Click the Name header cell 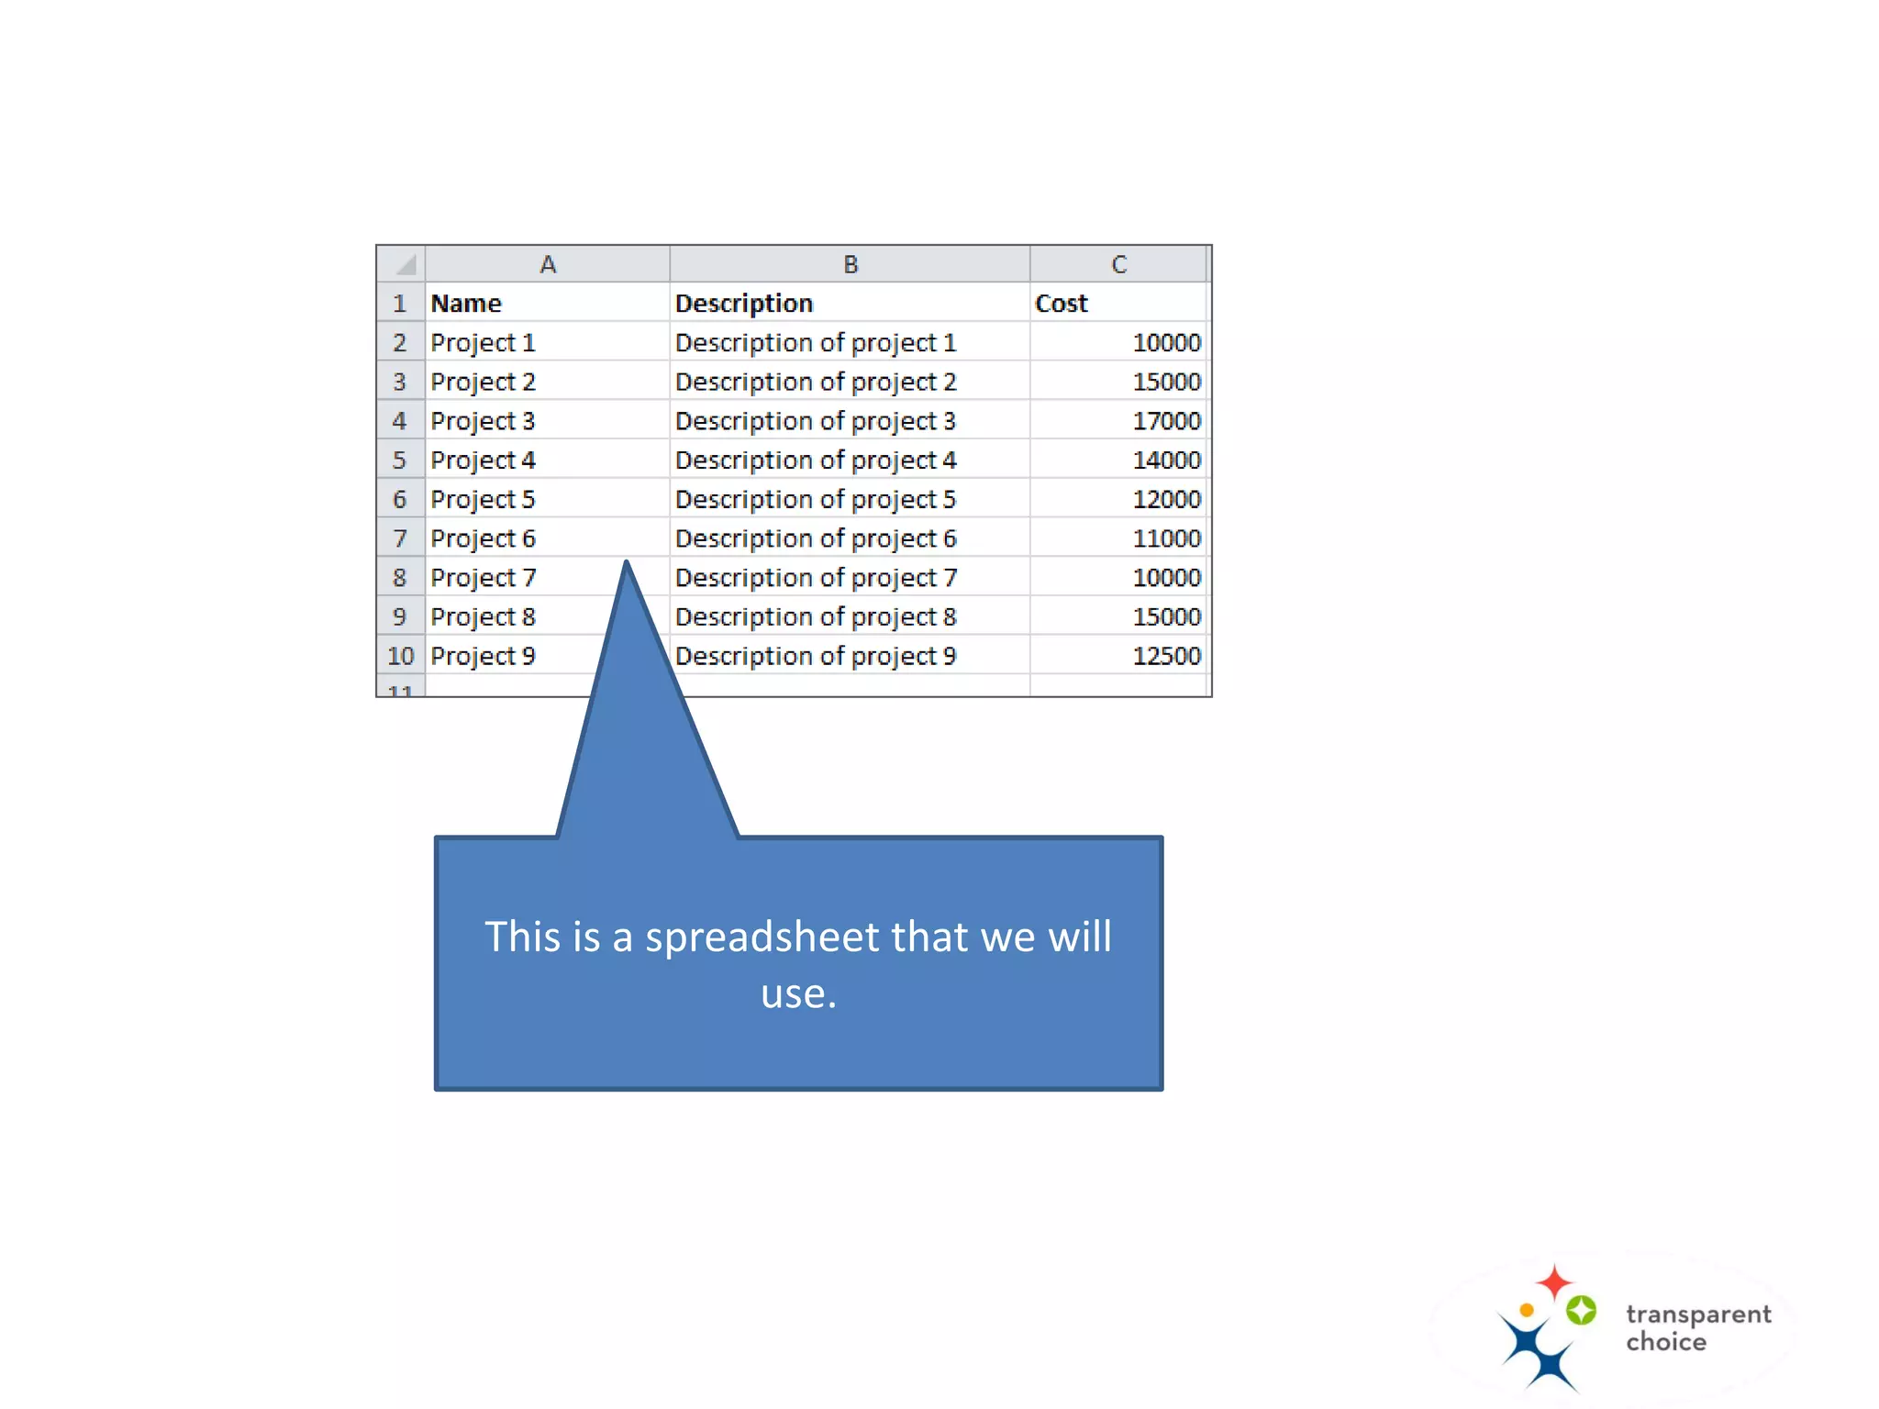pos(466,304)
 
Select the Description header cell pos(744,304)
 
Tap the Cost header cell pos(1062,304)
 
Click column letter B pos(851,265)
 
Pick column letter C pos(1118,265)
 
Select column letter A pos(548,265)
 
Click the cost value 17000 pos(1166,421)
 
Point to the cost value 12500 pos(1166,656)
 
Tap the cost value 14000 pos(1166,460)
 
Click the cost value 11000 pos(1166,538)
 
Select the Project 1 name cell pos(484,343)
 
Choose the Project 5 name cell pos(484,500)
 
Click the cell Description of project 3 pos(816,421)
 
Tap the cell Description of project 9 pos(816,656)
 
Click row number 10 pos(401,656)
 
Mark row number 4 pos(400,421)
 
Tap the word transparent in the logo pos(1698,1315)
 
